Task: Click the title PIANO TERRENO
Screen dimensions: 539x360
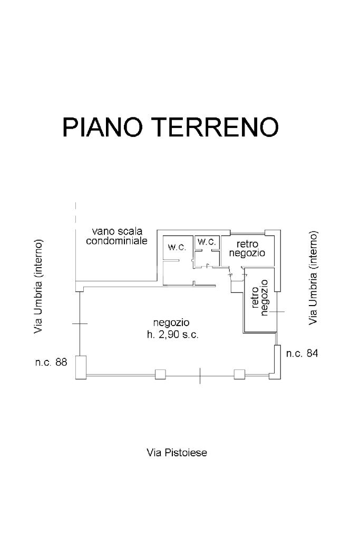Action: point(170,127)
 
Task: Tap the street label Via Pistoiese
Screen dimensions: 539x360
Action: point(177,452)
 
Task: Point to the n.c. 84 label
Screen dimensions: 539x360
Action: point(302,354)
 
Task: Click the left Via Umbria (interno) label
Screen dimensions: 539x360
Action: point(38,287)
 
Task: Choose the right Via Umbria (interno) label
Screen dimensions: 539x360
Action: point(313,277)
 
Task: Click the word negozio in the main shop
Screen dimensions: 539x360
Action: point(171,322)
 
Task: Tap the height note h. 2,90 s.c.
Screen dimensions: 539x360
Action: point(172,335)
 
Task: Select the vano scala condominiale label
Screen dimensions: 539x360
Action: point(117,236)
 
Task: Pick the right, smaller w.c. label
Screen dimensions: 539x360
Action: point(207,242)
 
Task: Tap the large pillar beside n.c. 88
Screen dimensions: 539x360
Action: point(80,367)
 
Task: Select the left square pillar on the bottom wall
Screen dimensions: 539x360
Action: point(160,375)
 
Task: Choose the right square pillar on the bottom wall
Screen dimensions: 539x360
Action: point(239,375)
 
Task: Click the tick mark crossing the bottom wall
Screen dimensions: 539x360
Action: point(200,375)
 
